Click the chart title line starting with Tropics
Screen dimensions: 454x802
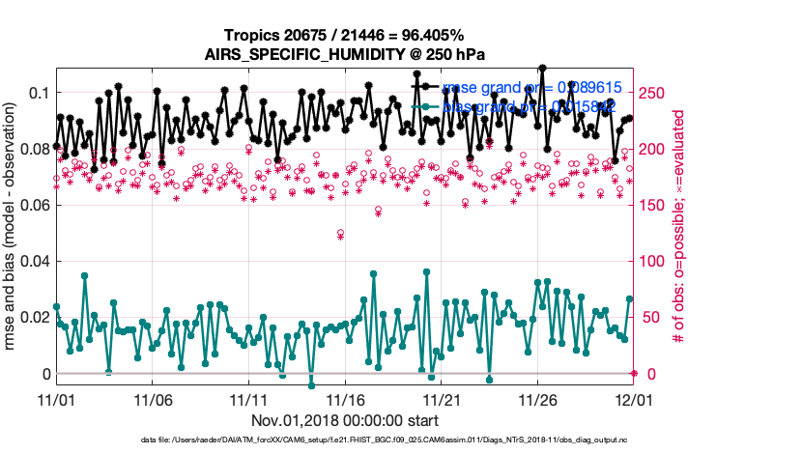[344, 35]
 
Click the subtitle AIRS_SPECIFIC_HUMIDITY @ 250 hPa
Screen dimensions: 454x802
[344, 54]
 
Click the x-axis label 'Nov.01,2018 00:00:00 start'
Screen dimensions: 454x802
[345, 421]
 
